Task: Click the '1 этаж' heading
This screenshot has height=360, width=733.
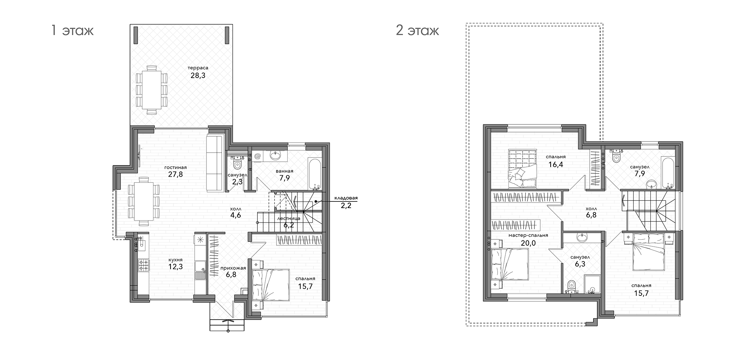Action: [72, 31]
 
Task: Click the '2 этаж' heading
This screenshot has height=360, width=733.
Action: [417, 31]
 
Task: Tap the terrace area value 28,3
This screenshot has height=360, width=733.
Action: [198, 76]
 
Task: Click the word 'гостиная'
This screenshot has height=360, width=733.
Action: [175, 167]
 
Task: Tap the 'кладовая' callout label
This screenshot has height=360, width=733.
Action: [346, 198]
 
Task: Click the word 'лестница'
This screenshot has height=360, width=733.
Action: [289, 219]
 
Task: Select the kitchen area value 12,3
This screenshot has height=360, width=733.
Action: [175, 267]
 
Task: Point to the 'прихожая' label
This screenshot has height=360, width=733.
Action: [233, 268]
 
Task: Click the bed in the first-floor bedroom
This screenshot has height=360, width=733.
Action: [271, 285]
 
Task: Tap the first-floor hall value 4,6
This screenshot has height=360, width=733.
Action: [235, 215]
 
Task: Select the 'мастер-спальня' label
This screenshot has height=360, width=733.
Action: [528, 235]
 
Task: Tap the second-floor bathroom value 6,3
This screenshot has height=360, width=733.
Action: [580, 264]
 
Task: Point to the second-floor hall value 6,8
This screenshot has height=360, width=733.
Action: [591, 215]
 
